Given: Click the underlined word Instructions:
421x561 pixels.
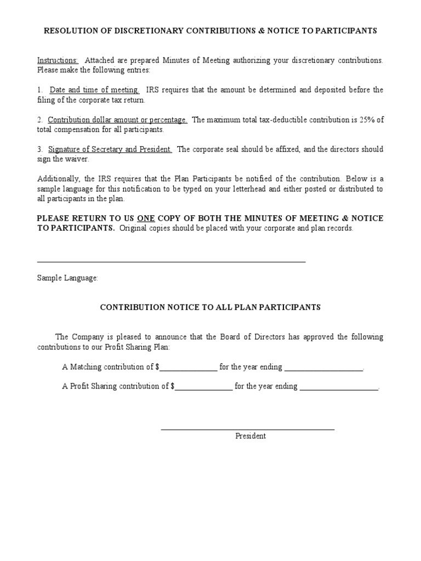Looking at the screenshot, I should [x=58, y=60].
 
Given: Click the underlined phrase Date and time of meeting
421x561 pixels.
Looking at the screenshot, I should [x=94, y=90].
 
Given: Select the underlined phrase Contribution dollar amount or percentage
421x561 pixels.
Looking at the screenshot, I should [x=117, y=119].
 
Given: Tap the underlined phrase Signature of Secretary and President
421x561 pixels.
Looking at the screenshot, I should [x=110, y=150].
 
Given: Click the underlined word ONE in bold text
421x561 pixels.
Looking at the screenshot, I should [x=146, y=218].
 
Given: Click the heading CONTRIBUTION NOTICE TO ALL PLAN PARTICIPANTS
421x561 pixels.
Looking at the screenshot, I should [x=210, y=307].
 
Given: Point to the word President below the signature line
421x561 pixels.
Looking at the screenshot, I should [x=251, y=436].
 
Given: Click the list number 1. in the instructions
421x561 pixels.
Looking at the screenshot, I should [x=40, y=90].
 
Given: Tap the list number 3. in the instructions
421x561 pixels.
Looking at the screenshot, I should [x=40, y=150].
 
